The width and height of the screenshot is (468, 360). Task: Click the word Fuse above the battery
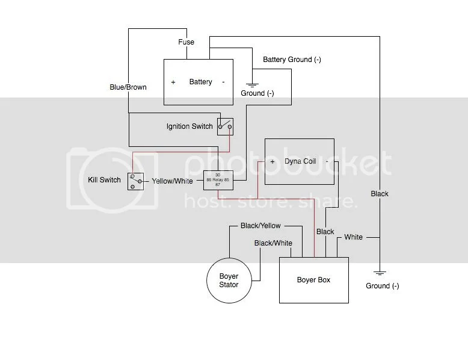pos(186,43)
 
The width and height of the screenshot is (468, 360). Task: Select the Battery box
pos(199,81)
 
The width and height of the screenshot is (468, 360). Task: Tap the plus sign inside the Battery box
pos(173,82)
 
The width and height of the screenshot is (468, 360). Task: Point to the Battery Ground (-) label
pos(292,60)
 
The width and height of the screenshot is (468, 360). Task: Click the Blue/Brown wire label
pos(128,87)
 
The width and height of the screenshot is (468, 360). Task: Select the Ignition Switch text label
pos(189,126)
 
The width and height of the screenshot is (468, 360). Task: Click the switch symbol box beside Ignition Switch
pos(226,126)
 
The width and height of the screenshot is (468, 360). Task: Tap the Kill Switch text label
pos(104,180)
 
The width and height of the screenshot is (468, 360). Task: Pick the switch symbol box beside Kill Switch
pos(135,181)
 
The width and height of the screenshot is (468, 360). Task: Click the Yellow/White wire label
pos(173,181)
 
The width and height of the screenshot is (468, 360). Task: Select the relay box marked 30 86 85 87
pos(217,180)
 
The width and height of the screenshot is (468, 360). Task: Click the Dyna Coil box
pos(300,161)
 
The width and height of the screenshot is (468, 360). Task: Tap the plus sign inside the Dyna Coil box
pos(272,162)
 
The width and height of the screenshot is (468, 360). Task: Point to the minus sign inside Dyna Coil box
pos(327,162)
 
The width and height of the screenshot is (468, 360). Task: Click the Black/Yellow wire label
pos(260,226)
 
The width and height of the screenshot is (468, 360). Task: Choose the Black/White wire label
pos(273,243)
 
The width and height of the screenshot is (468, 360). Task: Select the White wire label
pos(353,237)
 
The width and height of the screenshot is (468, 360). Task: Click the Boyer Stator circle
pos(229,281)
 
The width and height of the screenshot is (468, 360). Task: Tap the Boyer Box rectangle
pos(313,280)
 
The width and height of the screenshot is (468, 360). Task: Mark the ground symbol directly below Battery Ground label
pos(251,85)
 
